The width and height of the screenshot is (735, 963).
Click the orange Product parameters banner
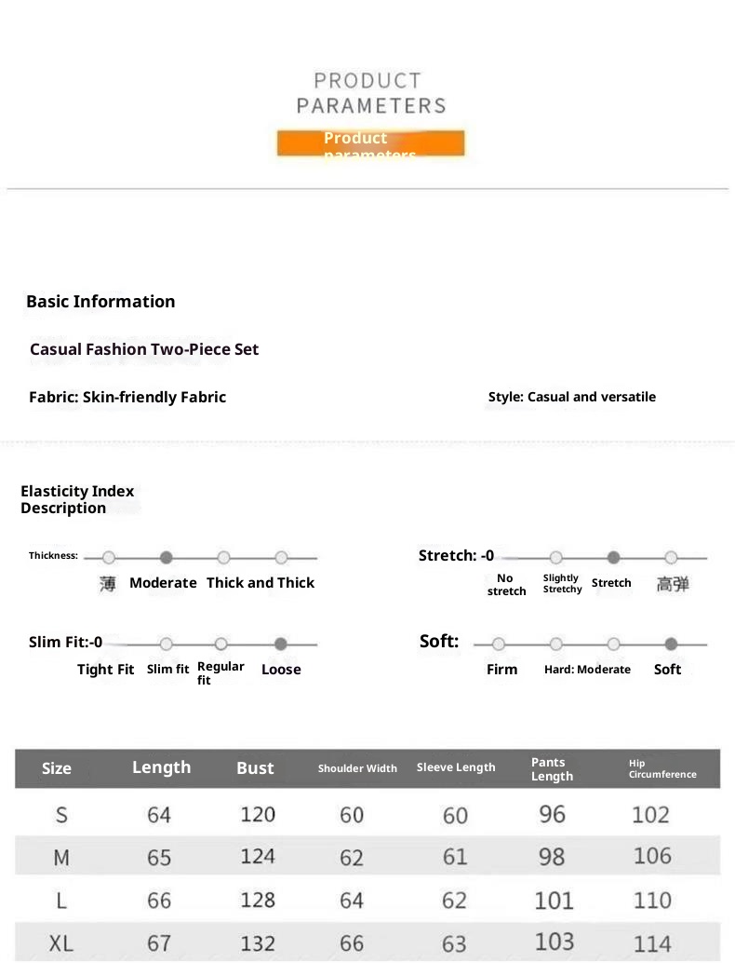370,142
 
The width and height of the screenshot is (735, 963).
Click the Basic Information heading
100,302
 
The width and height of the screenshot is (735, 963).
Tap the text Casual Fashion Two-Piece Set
144,349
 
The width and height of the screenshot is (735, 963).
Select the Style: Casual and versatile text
571,397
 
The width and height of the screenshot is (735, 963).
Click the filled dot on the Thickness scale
167,558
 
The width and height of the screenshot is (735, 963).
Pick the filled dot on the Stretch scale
613,558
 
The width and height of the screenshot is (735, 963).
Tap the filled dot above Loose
281,644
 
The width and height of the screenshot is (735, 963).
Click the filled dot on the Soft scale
672,644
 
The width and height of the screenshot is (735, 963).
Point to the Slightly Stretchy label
562,584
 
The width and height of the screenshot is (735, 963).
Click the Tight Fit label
105,670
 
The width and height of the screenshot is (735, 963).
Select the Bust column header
255,768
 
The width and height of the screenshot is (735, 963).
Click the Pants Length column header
552,769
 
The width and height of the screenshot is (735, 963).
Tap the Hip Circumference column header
661,769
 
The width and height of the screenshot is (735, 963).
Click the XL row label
61,943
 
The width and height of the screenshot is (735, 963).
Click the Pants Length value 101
554,901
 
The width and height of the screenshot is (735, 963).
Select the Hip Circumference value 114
652,943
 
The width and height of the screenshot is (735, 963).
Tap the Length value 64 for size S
159,815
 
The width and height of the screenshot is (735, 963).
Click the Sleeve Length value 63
455,943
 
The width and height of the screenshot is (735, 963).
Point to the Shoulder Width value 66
352,943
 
